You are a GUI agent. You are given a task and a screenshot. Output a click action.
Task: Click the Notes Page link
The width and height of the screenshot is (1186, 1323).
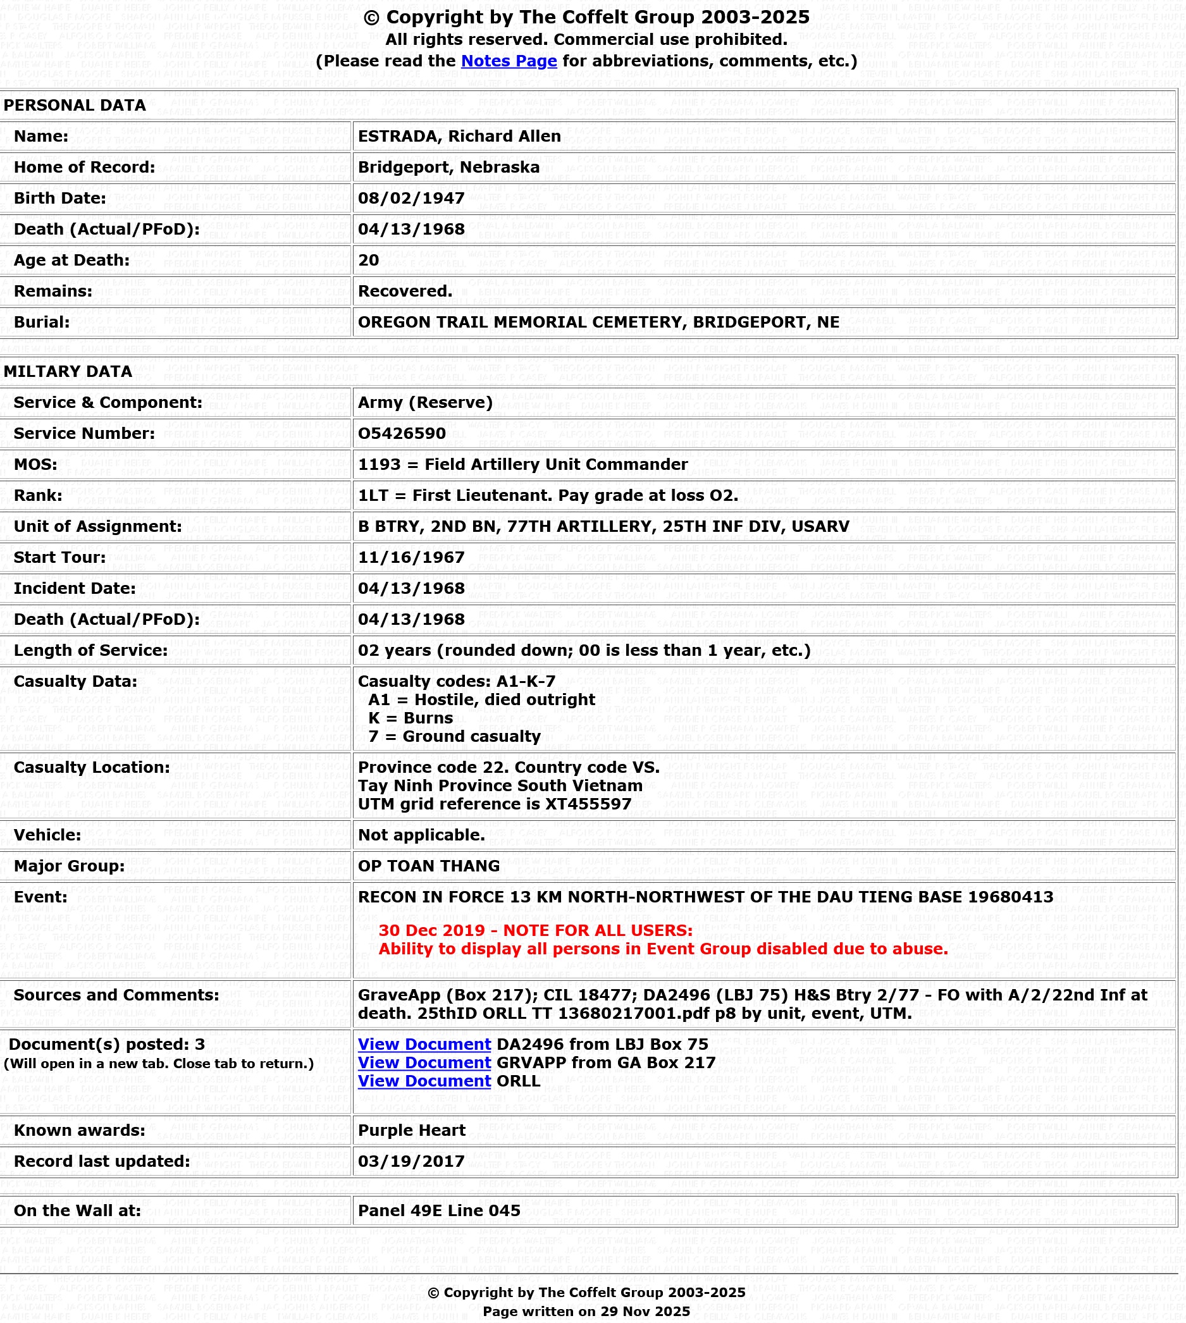509,61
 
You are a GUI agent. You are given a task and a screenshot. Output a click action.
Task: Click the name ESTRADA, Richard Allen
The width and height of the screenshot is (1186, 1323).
459,136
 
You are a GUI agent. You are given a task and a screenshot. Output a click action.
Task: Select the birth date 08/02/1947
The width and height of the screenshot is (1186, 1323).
411,198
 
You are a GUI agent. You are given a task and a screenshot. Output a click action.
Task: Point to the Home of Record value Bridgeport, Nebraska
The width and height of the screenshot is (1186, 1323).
448,168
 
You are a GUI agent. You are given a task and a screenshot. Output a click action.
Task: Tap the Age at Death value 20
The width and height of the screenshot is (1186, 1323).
368,261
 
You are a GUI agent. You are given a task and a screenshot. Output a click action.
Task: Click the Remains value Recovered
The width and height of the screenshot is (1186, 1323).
405,291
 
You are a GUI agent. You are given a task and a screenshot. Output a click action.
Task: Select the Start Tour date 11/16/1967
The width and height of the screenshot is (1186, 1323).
411,558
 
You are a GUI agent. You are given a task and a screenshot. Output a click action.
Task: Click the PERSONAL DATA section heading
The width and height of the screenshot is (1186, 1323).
74,106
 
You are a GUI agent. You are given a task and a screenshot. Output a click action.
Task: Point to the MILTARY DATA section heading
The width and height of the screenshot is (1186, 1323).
68,372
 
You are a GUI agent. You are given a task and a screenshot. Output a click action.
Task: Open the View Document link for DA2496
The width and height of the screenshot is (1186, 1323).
424,1045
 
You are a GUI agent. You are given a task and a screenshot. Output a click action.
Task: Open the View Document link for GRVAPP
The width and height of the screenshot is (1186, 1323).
424,1063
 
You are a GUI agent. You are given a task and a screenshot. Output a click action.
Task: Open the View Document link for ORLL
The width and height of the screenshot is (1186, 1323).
424,1081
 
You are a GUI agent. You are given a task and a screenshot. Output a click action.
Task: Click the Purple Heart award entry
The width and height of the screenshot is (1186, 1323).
411,1131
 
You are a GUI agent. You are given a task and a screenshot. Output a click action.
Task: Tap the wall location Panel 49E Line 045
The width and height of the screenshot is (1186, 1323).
438,1211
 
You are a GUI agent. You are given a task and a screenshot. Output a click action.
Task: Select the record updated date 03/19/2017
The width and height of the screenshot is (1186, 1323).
411,1162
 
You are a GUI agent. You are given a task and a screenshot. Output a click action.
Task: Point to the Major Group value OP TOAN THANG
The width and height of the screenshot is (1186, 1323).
428,866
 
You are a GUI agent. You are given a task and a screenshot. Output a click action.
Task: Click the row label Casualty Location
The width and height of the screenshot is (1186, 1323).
91,768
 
